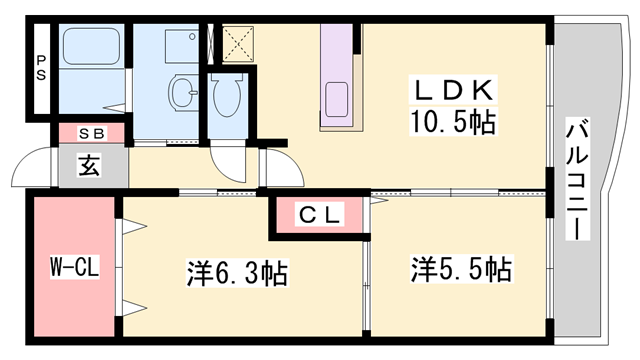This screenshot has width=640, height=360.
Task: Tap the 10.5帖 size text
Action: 452,124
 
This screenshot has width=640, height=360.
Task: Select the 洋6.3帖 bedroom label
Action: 237,272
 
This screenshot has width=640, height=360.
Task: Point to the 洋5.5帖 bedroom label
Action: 461,269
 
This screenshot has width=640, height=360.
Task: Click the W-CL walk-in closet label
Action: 71,268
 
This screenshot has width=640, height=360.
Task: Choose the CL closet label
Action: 319,214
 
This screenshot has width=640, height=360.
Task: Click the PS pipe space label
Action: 41,73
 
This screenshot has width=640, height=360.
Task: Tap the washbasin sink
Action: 184,92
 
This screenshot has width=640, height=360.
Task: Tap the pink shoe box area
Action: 90,132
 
